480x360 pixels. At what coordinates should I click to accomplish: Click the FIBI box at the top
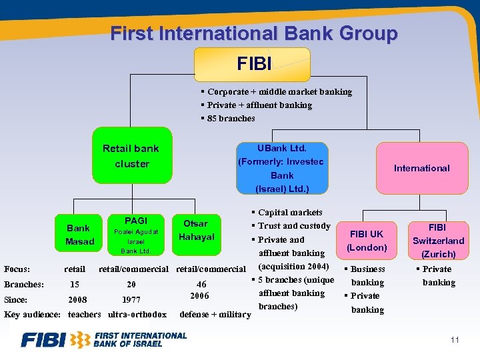click(x=252, y=64)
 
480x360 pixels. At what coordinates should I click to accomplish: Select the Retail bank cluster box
click(x=131, y=156)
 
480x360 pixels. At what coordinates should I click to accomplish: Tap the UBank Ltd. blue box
click(x=281, y=168)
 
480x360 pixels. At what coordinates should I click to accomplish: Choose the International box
click(x=421, y=168)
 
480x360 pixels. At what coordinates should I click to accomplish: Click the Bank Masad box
click(x=80, y=235)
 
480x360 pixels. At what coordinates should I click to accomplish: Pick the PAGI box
click(x=135, y=235)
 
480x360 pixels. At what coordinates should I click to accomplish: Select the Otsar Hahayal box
click(x=195, y=230)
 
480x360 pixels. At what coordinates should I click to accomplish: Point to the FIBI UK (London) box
click(x=367, y=241)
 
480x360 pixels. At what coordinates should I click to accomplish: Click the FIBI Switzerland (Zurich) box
click(x=438, y=241)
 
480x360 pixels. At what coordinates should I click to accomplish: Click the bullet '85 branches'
click(x=231, y=118)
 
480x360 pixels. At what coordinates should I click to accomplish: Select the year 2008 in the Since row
click(x=77, y=299)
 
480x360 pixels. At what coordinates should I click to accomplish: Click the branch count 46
click(x=201, y=284)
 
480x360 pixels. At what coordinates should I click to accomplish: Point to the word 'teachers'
click(x=85, y=314)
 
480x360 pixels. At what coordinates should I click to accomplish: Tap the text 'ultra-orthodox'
click(x=137, y=314)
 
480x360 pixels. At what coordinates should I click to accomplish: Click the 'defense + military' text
click(x=216, y=314)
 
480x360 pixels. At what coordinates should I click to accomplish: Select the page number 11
click(x=455, y=340)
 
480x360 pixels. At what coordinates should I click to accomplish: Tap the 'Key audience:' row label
click(x=32, y=314)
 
